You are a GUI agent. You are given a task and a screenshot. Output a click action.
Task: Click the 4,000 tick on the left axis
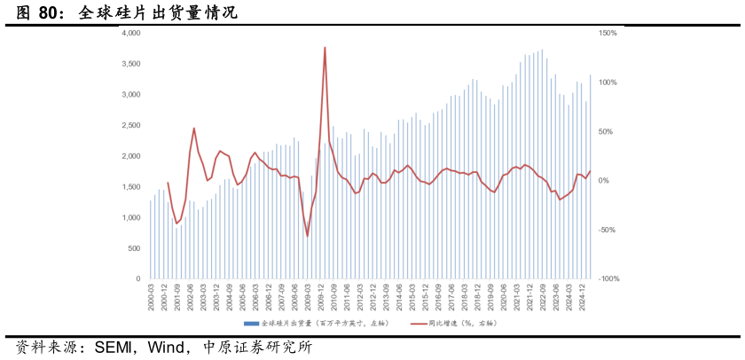(x=131, y=33)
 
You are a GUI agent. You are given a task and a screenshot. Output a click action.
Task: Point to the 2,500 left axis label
(x=131, y=125)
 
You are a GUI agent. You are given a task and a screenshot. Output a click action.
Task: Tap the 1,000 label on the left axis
(x=131, y=217)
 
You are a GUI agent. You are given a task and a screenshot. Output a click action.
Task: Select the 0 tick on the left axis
(x=137, y=278)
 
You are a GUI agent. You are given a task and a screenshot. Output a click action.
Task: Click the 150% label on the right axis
(x=608, y=33)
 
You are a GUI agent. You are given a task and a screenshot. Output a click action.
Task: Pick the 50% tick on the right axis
(x=606, y=131)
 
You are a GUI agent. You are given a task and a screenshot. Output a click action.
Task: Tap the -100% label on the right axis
(x=608, y=278)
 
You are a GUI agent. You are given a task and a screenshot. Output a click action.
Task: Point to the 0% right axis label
(x=604, y=181)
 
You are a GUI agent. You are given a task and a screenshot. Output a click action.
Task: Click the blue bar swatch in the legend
(x=251, y=324)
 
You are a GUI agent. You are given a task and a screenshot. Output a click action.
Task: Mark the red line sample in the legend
(x=418, y=324)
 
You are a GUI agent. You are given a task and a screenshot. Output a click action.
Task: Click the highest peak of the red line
(x=325, y=47)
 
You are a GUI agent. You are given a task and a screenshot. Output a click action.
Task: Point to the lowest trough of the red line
(x=308, y=236)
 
